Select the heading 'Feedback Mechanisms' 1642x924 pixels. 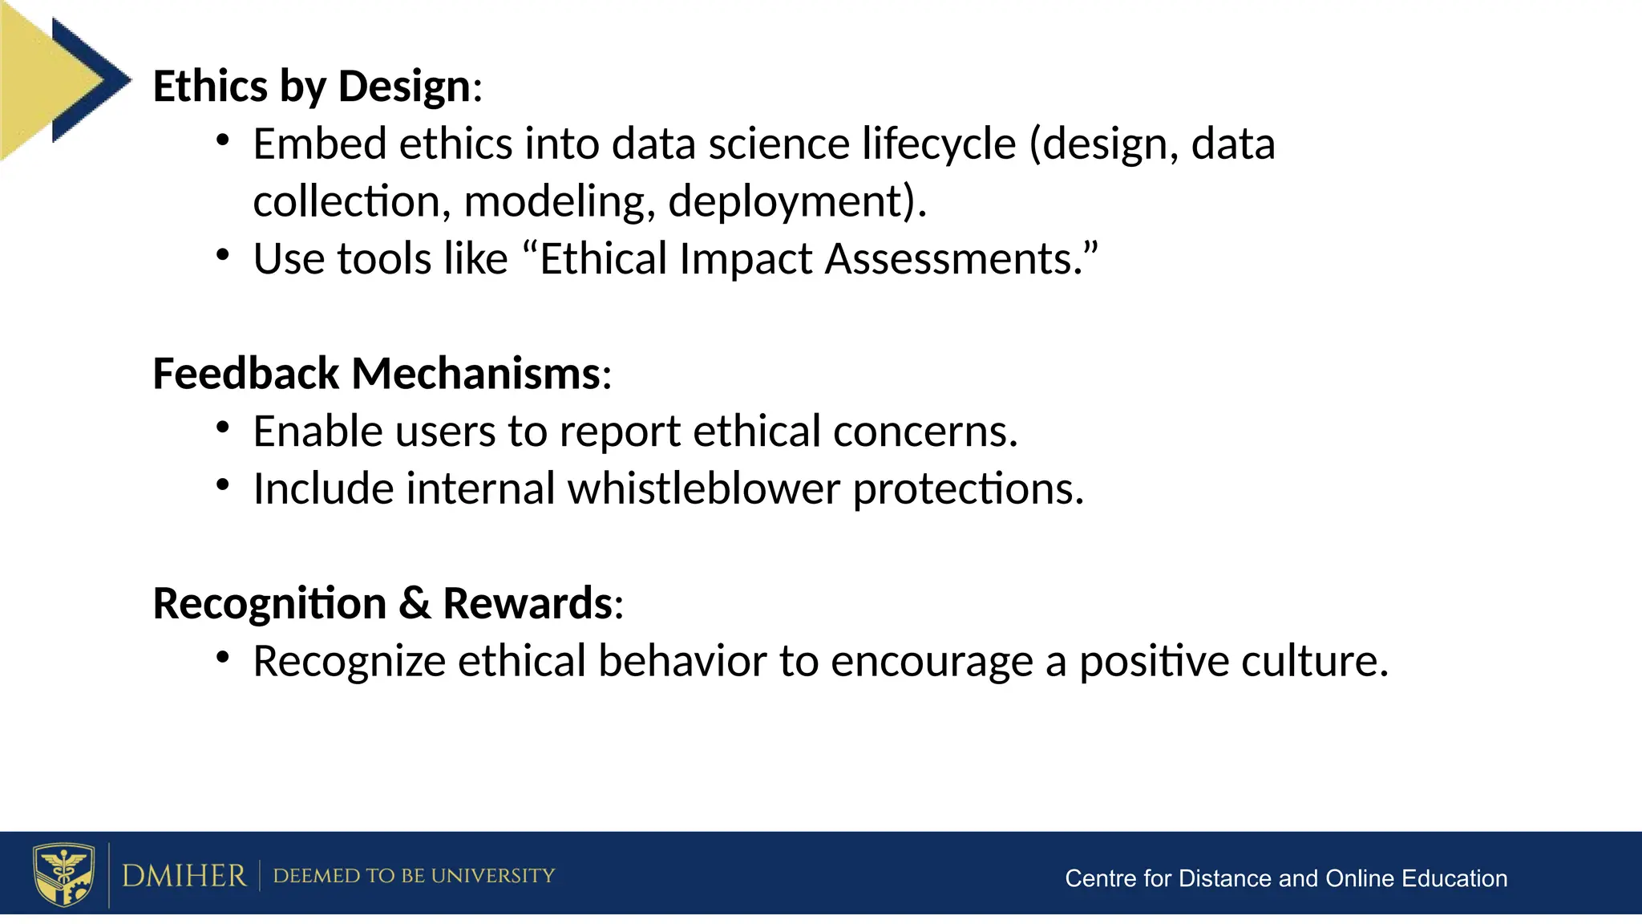[376, 375]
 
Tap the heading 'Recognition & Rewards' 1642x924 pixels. [382, 604]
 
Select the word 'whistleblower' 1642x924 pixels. [703, 489]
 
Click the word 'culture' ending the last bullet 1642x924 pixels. [1307, 662]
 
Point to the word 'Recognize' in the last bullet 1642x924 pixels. [349, 662]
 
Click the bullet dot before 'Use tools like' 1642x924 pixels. [223, 256]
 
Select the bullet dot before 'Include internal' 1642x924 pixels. [223, 485]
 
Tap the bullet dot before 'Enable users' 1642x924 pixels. [223, 428]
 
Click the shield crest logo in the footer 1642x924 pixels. [63, 874]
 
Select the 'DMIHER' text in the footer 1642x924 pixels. [184, 876]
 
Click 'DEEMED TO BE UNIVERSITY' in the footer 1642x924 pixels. [414, 876]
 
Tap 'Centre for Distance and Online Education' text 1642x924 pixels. [1285, 878]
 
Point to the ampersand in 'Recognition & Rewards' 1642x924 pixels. [414, 604]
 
